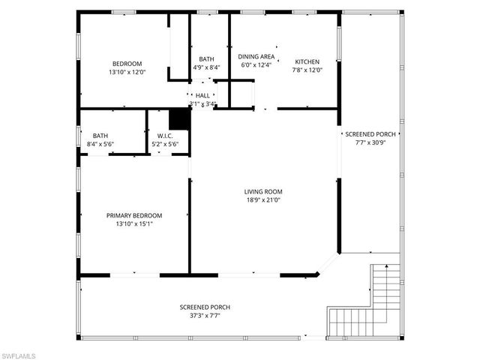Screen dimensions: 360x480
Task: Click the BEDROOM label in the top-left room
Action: click(127, 64)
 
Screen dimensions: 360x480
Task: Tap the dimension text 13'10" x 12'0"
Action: click(127, 72)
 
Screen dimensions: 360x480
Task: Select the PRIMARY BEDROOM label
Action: click(134, 215)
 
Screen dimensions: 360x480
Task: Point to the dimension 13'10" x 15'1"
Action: click(134, 223)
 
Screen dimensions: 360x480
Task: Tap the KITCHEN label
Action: click(307, 61)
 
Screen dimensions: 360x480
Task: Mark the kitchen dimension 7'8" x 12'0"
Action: click(307, 70)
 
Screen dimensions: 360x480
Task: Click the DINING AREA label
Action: click(256, 56)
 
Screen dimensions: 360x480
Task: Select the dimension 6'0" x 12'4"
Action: click(256, 65)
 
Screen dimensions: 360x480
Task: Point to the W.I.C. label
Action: click(165, 136)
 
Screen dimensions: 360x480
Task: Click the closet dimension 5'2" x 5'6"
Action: click(165, 144)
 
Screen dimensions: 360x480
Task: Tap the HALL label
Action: click(202, 95)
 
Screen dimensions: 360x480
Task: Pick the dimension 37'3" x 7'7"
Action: click(205, 316)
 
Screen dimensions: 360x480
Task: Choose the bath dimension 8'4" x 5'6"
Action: click(100, 144)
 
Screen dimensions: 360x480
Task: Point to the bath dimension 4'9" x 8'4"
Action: click(206, 67)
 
